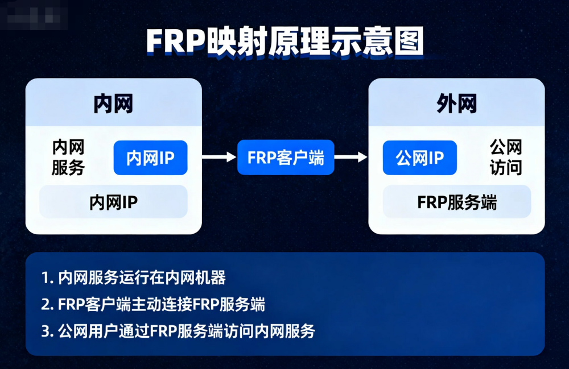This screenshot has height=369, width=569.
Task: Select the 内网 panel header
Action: (113, 104)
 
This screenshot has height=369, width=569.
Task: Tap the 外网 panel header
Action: (456, 104)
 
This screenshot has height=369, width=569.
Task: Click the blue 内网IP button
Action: (150, 157)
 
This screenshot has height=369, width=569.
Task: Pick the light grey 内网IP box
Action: (113, 202)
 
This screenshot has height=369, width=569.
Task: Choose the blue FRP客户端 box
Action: (286, 157)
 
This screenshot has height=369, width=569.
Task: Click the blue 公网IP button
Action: (419, 157)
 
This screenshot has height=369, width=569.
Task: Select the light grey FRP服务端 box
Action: (456, 202)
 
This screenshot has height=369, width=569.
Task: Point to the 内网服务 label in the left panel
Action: (68, 157)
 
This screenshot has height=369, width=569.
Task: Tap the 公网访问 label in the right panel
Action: (506, 157)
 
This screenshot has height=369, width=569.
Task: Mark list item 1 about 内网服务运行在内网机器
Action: (134, 278)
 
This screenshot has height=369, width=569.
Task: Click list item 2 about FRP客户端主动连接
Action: (154, 304)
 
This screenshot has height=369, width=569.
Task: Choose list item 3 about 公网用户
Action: (178, 331)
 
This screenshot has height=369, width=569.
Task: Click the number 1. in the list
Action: (47, 278)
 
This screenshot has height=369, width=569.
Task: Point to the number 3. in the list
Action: (47, 331)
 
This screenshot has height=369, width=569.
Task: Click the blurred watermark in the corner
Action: (34, 16)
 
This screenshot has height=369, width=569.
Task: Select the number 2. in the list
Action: (47, 304)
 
